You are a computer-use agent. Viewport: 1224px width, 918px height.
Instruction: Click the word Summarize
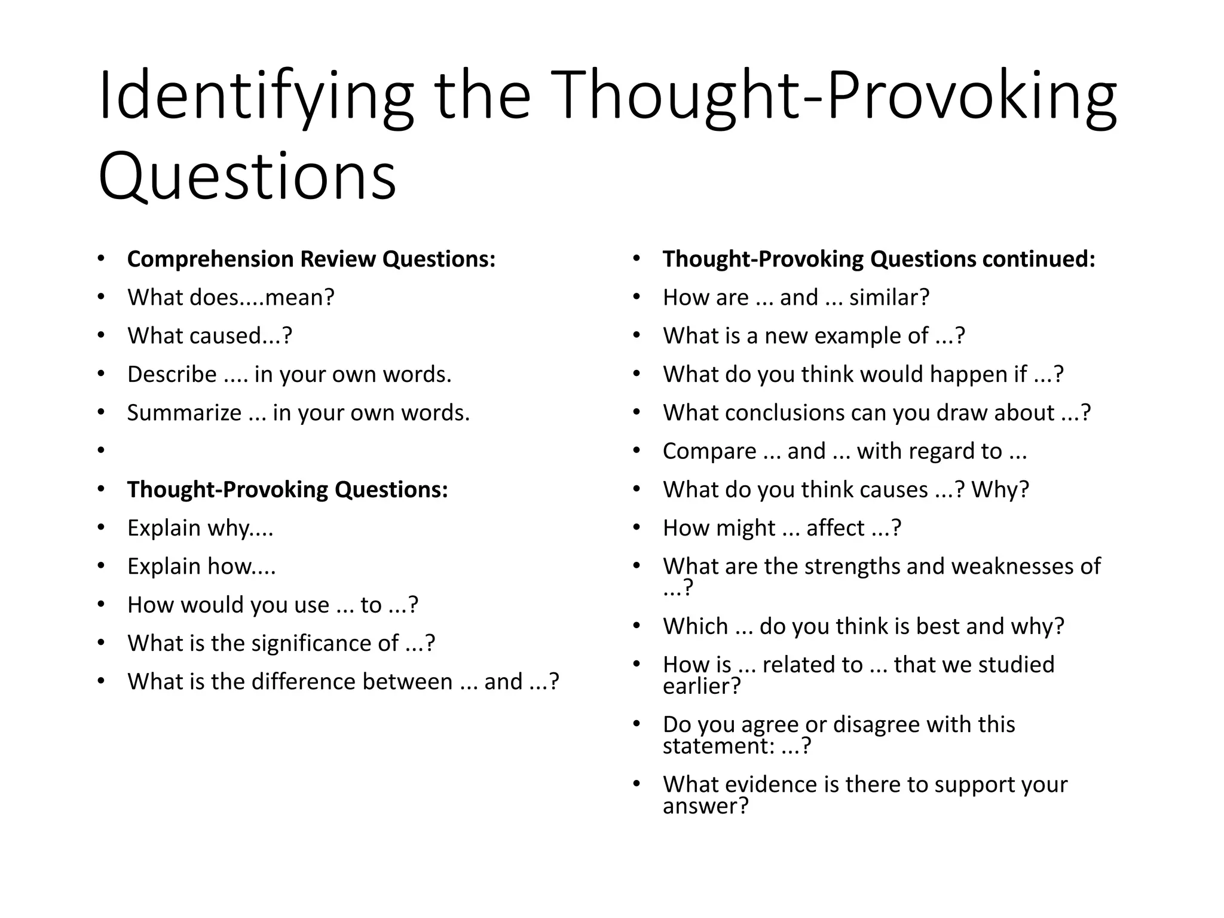pyautogui.click(x=184, y=413)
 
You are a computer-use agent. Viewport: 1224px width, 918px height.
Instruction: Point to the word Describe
pyautogui.click(x=172, y=375)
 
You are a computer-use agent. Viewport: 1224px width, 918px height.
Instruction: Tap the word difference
pyautogui.click(x=352, y=682)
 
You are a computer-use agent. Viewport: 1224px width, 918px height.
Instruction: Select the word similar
pyautogui.click(x=889, y=298)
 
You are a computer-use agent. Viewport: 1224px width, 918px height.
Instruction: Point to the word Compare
pyautogui.click(x=709, y=451)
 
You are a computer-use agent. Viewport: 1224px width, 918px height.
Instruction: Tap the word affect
pyautogui.click(x=835, y=528)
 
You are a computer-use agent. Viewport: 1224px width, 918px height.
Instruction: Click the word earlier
pyautogui.click(x=701, y=686)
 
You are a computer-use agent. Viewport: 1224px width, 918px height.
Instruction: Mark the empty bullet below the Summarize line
pyautogui.click(x=101, y=451)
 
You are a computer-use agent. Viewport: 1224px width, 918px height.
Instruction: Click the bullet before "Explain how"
pyautogui.click(x=101, y=567)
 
